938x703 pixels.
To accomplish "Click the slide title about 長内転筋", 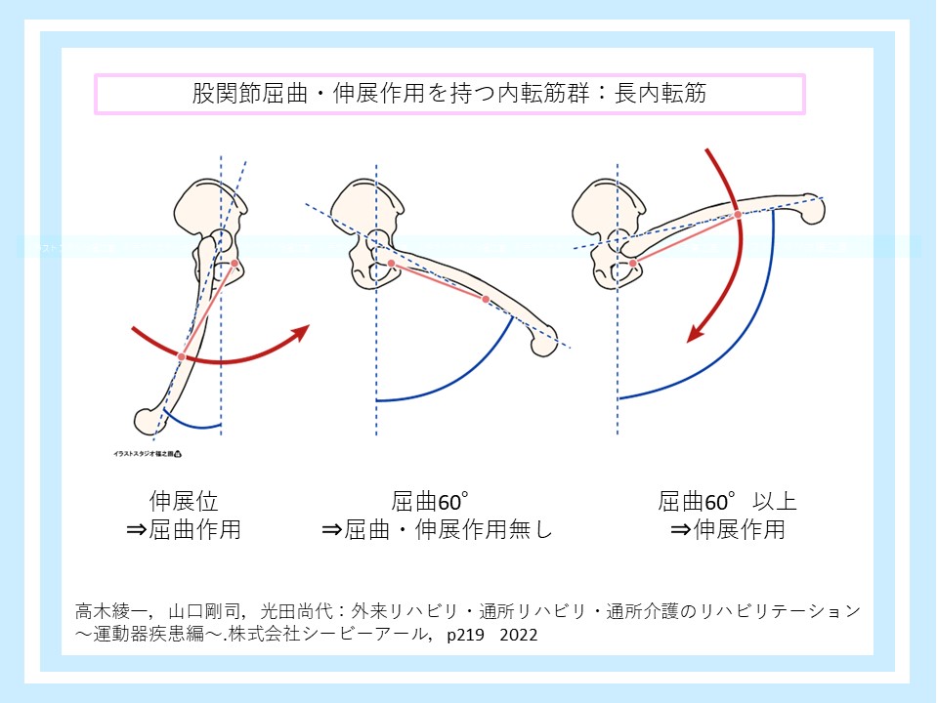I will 448,94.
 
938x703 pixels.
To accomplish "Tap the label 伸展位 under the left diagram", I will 184,502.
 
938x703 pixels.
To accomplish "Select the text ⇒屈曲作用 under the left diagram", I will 184,530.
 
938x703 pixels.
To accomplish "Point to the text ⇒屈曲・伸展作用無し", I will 437,530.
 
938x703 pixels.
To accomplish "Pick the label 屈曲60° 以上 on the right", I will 727,502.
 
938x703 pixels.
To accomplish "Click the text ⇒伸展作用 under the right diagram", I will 727,530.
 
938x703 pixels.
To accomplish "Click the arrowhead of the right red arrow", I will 696,334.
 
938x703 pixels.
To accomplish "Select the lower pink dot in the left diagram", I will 181,357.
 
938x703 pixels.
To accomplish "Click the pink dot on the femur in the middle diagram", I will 486,299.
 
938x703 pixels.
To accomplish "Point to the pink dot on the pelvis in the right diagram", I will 633,264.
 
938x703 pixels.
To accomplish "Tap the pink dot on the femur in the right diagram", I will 735,212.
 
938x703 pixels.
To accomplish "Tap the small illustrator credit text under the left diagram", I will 148,453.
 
